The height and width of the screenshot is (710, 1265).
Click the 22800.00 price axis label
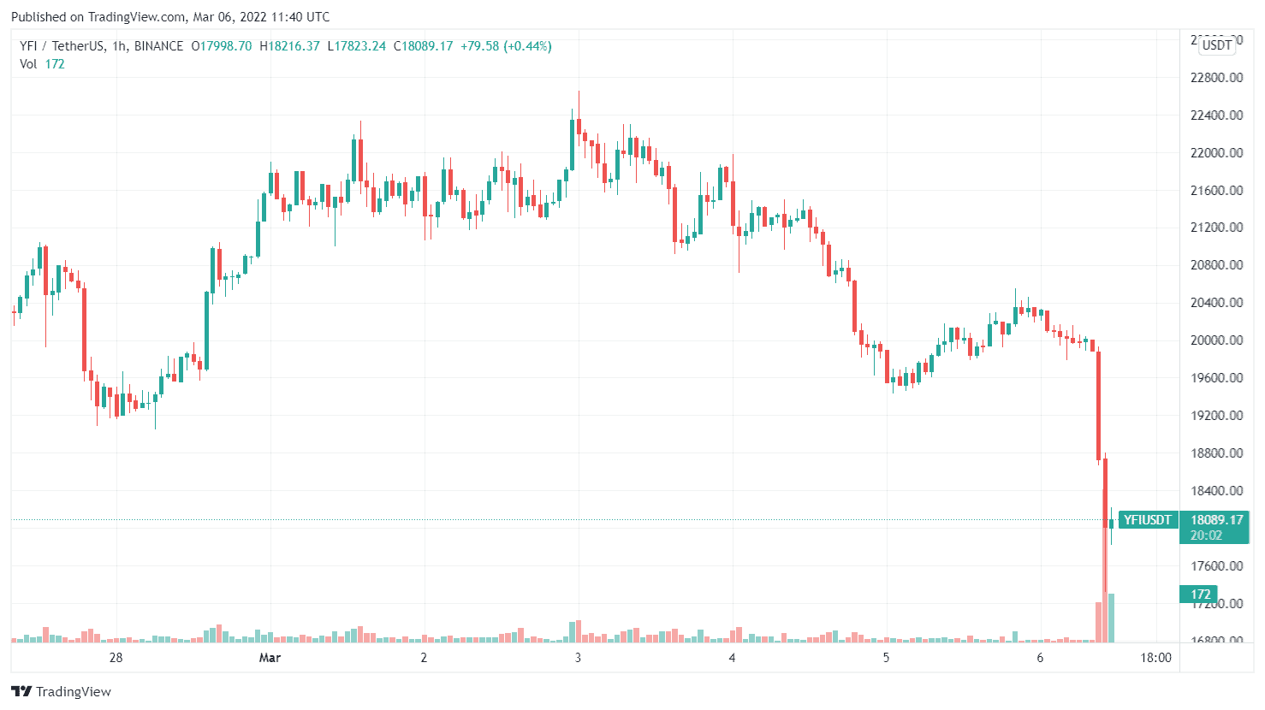[1216, 78]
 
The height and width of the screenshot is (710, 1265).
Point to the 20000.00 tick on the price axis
[1216, 340]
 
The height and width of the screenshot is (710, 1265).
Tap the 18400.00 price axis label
[1216, 491]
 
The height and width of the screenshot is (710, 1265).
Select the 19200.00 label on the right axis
[1216, 416]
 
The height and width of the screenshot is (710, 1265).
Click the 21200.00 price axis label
[1216, 228]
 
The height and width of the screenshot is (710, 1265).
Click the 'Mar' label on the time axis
[270, 658]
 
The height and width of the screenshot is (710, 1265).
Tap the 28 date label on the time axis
[116, 658]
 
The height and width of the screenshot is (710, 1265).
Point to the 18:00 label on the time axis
[1155, 658]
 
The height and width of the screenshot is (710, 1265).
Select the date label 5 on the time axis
[886, 658]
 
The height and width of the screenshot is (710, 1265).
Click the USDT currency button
[1217, 44]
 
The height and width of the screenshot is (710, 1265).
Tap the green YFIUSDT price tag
[1147, 520]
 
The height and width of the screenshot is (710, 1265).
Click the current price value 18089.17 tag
[1216, 520]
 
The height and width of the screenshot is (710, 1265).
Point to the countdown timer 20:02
[1206, 535]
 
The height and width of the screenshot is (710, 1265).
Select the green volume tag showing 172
[1201, 595]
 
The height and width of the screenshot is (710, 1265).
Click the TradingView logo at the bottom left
[61, 691]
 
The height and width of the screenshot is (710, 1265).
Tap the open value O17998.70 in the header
[221, 46]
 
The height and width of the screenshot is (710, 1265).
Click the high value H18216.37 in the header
[289, 46]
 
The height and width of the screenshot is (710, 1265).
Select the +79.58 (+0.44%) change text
[506, 46]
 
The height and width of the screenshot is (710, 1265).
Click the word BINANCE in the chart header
[158, 46]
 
